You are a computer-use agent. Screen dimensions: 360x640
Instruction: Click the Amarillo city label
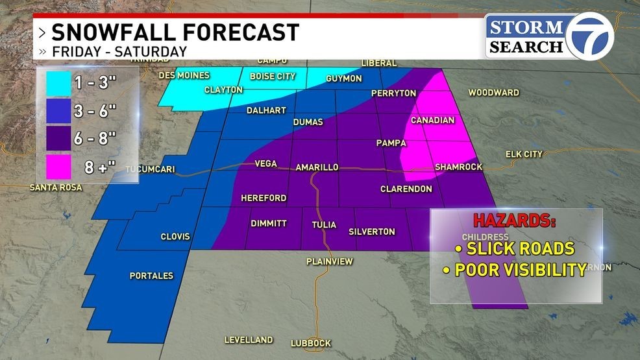click(317, 167)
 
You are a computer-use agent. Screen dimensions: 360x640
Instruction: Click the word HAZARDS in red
click(513, 220)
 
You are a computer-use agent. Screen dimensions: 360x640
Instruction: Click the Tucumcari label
click(151, 170)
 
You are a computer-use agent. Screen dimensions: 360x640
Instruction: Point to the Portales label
click(151, 276)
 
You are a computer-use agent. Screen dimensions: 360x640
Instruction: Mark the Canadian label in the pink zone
click(433, 120)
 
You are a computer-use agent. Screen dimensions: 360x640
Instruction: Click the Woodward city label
click(493, 93)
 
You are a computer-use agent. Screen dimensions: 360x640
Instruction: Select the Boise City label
click(273, 77)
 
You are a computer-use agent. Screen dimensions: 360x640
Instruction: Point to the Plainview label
click(329, 261)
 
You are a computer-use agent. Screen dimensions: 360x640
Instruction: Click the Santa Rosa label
click(57, 188)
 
